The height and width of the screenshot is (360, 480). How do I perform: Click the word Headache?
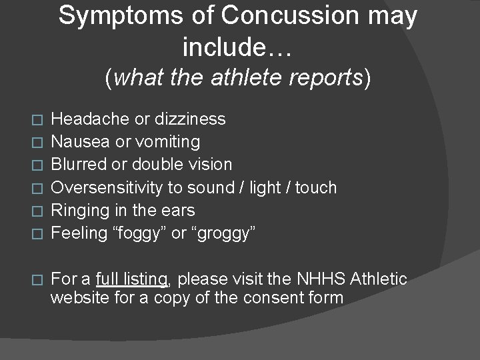click(91, 119)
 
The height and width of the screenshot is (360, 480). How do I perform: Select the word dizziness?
click(190, 119)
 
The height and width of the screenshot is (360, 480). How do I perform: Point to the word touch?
click(315, 187)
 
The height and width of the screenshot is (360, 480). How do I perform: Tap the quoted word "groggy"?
click(222, 233)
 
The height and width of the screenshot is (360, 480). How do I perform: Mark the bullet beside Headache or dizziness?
click(37, 120)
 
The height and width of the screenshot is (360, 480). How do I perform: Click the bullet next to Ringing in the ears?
click(37, 211)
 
